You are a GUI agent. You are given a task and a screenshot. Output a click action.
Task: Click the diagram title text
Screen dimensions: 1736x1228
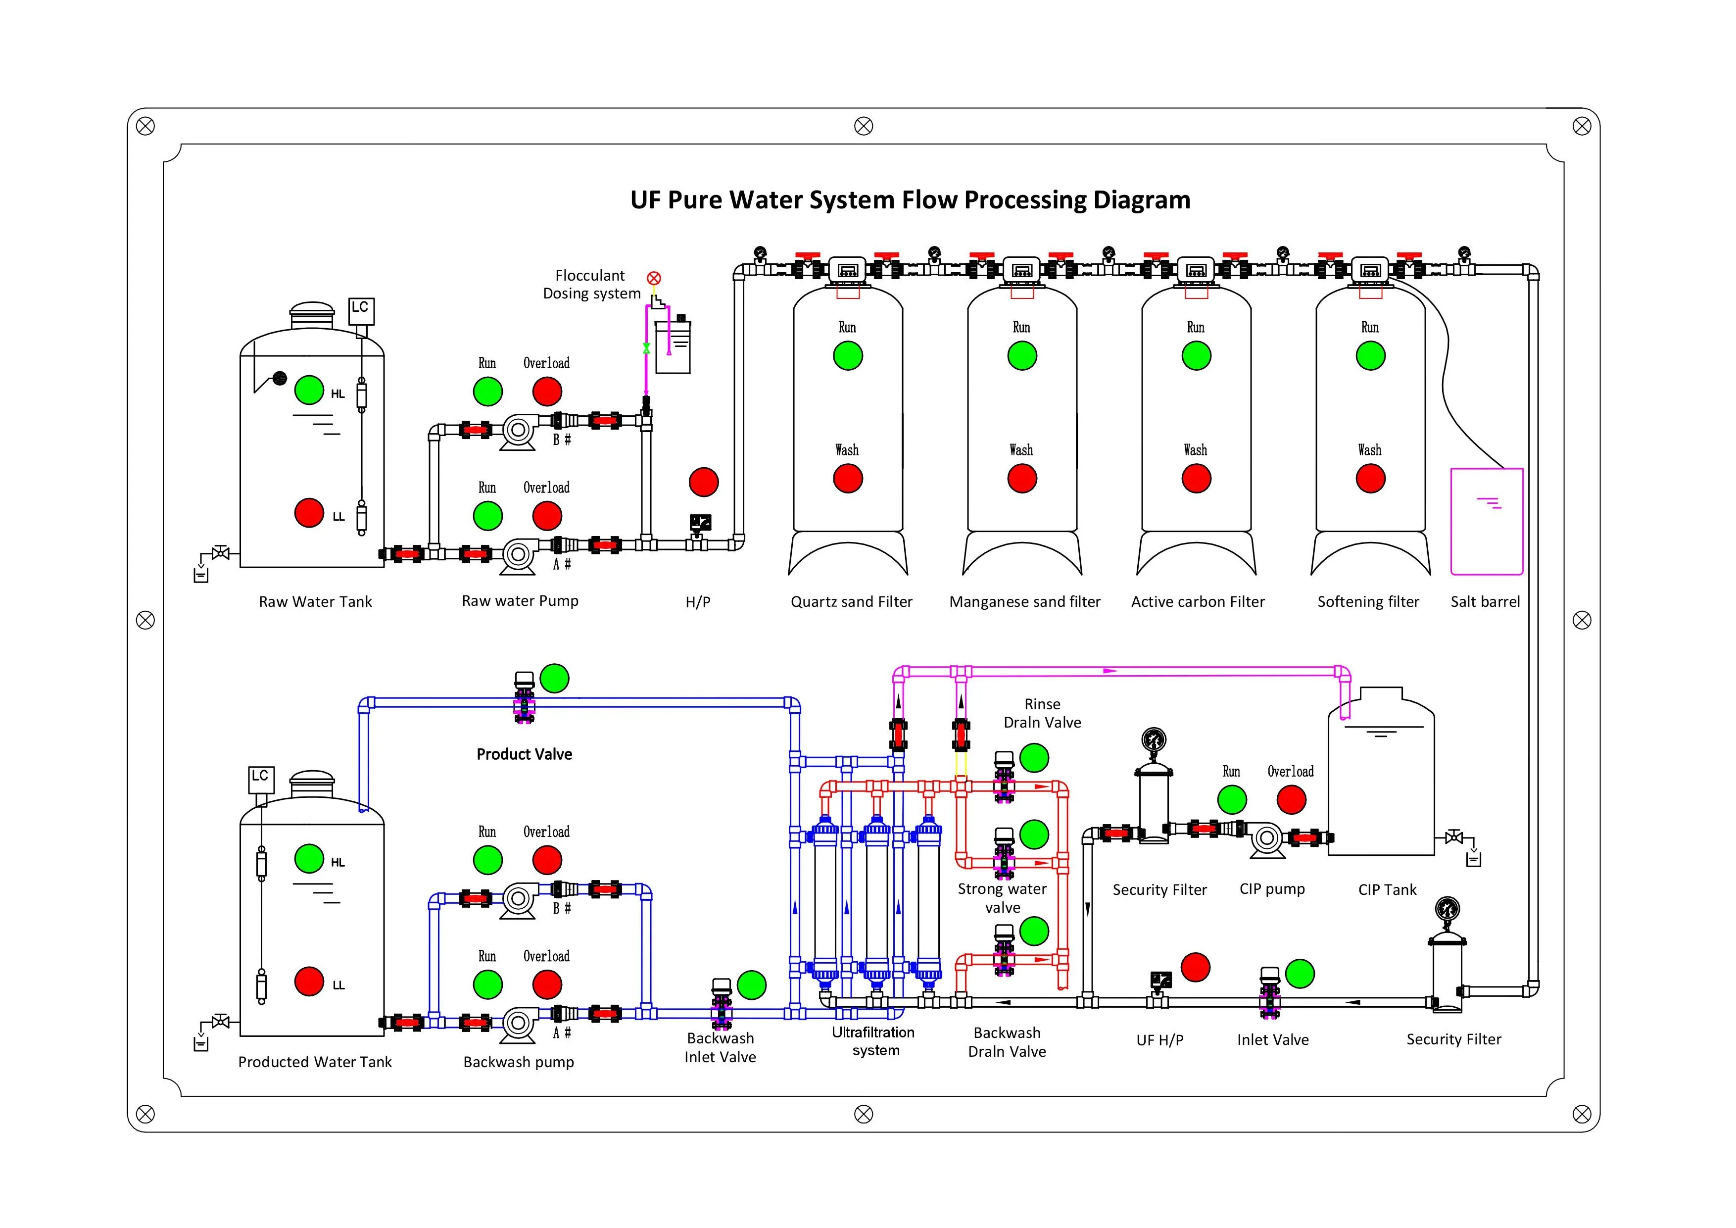coord(911,200)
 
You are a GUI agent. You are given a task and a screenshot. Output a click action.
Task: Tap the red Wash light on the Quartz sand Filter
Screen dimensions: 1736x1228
coord(848,479)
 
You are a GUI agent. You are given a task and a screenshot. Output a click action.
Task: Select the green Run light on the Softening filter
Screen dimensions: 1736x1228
coord(1370,355)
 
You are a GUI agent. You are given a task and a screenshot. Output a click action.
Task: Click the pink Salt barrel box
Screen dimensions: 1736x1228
coord(1487,522)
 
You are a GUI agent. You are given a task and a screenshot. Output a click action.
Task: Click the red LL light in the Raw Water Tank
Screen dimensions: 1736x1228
coord(309,513)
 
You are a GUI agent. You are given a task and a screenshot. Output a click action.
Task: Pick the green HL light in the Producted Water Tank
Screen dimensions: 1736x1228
coord(309,858)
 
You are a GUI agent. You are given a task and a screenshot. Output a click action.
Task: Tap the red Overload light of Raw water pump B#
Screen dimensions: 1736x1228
coord(547,392)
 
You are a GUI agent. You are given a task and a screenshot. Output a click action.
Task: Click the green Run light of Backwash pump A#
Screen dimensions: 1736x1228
coord(487,984)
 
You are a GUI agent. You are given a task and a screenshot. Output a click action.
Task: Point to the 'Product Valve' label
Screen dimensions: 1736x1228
coord(524,754)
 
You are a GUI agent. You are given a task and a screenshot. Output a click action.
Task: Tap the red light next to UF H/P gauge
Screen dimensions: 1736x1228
coord(1196,967)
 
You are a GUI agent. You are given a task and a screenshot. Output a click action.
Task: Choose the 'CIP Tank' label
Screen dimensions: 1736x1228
coord(1388,890)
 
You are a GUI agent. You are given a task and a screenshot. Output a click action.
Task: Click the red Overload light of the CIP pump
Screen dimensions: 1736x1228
coord(1292,799)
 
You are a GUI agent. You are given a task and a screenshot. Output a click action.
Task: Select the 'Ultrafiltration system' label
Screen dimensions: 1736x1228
coord(874,1041)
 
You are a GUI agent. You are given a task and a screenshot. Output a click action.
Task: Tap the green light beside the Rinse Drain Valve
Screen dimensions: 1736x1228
coord(1034,758)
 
